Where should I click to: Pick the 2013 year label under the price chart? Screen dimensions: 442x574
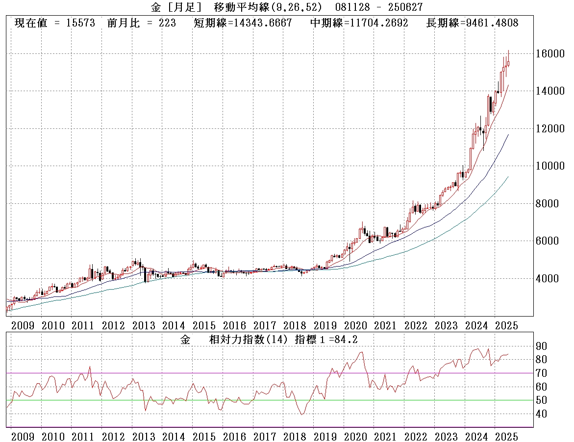tap(144, 325)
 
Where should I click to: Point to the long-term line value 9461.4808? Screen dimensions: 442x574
tap(490, 23)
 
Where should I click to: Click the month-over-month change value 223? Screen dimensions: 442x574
tap(167, 23)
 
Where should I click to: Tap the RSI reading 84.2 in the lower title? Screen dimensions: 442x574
tap(352, 339)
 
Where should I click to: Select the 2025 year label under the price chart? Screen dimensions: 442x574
tap(507, 325)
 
